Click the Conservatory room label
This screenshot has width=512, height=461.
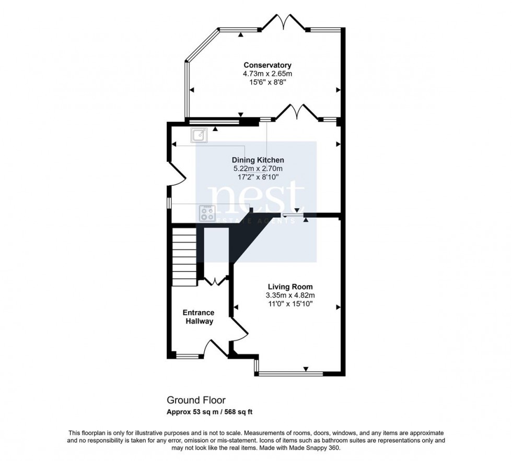267,65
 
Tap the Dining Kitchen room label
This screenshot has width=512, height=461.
259,160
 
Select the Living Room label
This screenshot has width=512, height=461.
290,287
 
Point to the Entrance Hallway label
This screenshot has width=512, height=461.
198,317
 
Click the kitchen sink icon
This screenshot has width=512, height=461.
199,135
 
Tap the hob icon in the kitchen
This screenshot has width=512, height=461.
207,212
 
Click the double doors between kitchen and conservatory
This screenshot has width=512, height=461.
296,112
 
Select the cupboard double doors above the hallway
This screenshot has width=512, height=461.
215,281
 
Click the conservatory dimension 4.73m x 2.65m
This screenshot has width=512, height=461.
267,74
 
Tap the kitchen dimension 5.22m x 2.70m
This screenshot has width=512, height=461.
259,169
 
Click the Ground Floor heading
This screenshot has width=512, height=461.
196,400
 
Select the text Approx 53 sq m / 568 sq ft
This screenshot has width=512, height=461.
210,411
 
